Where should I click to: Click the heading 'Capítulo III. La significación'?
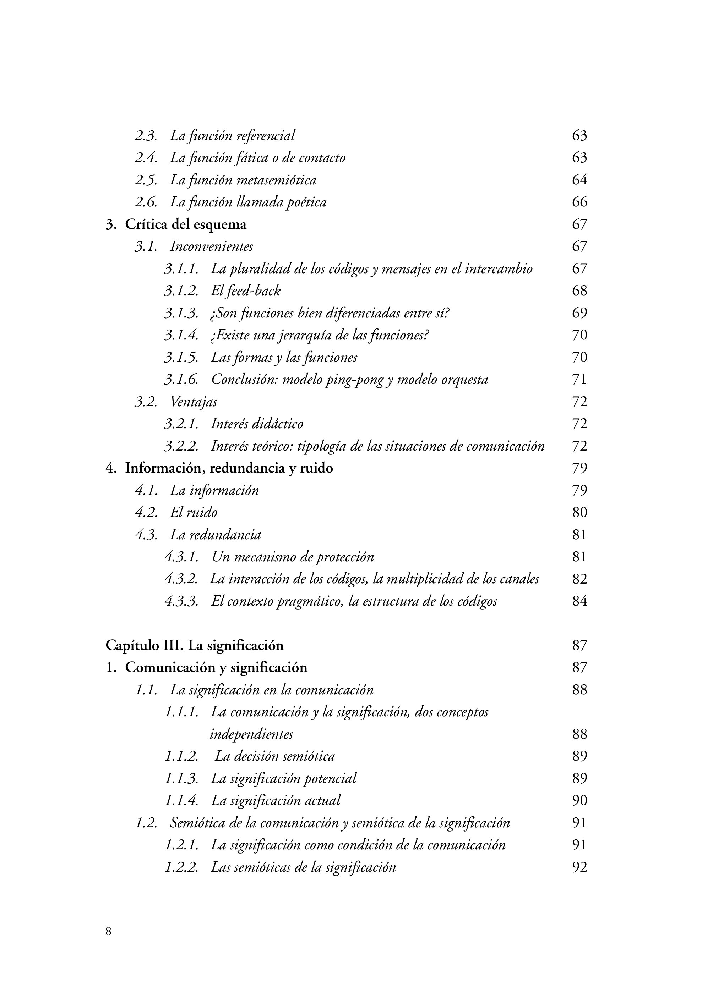click(195, 645)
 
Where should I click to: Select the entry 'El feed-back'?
click(245, 291)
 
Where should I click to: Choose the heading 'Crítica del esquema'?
click(186, 225)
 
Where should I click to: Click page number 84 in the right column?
click(579, 601)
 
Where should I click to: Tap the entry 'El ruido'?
click(194, 512)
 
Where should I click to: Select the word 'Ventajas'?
click(193, 402)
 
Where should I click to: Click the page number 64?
click(579, 180)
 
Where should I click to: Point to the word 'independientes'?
click(251, 734)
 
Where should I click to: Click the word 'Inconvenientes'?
click(211, 247)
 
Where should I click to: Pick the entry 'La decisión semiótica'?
click(275, 756)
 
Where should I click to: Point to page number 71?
click(579, 380)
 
